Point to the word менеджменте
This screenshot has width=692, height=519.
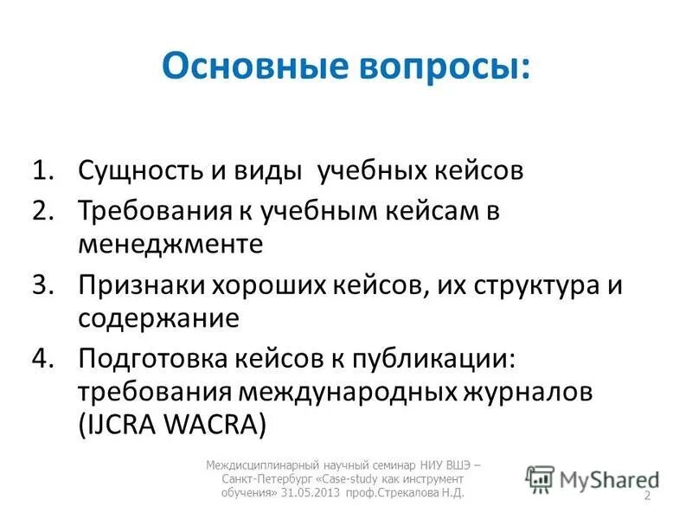[x=183, y=243]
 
